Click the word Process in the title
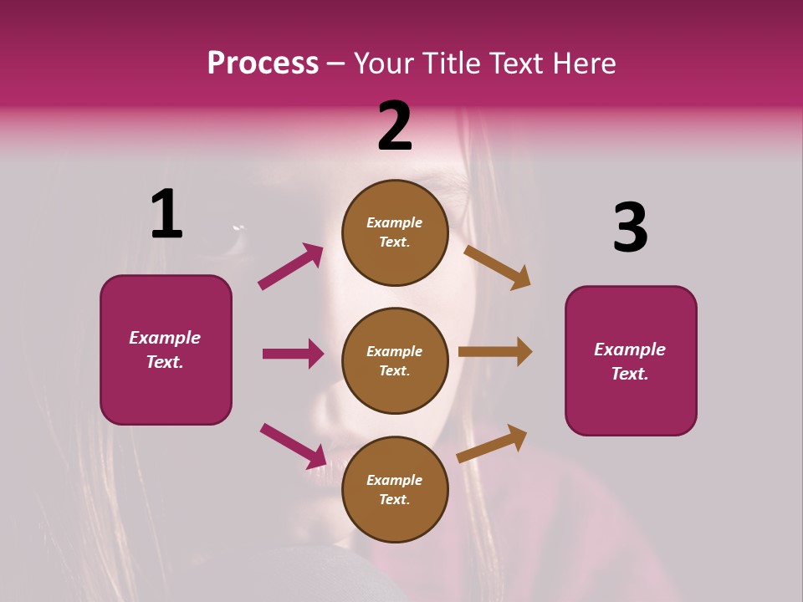263,64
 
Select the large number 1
166,215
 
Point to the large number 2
395,126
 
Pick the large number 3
630,227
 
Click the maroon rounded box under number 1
166,349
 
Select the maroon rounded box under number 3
631,360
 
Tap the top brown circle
395,232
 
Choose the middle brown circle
395,360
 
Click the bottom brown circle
395,489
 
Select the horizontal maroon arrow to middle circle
293,354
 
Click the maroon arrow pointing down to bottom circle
293,446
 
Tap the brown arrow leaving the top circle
497,267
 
